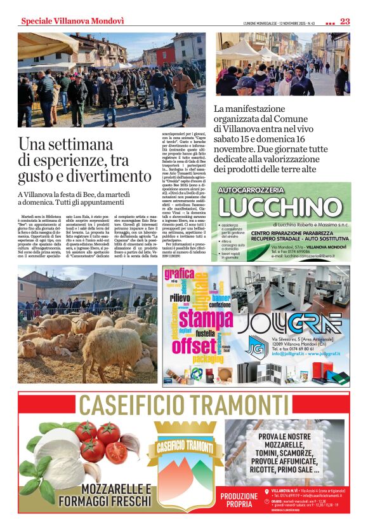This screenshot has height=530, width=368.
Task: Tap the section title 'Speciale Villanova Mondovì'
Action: coord(72,21)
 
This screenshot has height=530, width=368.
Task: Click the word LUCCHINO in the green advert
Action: coord(280,207)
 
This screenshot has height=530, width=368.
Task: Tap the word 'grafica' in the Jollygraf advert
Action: coord(179,275)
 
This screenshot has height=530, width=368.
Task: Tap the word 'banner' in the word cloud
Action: coord(221,298)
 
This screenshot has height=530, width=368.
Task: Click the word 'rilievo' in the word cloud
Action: coord(180,297)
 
